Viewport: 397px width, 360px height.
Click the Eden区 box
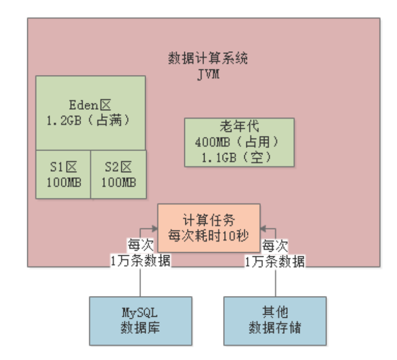coord(90,113)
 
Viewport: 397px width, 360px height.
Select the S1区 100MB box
coord(63,174)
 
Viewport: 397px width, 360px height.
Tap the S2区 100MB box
coord(118,174)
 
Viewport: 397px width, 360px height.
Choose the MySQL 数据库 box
coord(140,320)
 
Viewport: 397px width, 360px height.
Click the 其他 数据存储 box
coord(275,320)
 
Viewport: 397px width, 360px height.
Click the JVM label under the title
coord(208,74)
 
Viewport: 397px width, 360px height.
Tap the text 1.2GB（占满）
coord(90,121)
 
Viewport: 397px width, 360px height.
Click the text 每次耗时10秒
coord(209,235)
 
